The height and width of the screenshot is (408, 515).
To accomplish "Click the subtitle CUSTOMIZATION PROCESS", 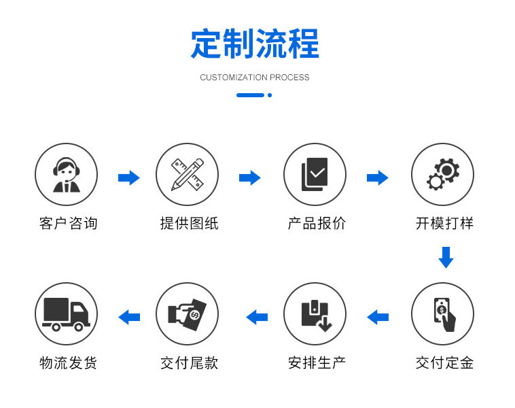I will [255, 78].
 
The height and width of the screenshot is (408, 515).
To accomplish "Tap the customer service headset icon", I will [66, 175].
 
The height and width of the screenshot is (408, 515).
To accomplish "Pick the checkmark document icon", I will [315, 175].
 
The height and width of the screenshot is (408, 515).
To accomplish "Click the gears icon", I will [442, 175].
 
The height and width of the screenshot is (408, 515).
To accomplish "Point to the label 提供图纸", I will [189, 223].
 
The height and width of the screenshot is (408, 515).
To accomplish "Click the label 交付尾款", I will [189, 363].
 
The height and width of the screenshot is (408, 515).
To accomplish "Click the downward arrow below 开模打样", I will [445, 258].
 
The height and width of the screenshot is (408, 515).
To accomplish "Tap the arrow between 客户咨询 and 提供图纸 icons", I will [128, 178].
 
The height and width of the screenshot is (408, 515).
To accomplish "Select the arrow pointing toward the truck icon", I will [129, 317].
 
